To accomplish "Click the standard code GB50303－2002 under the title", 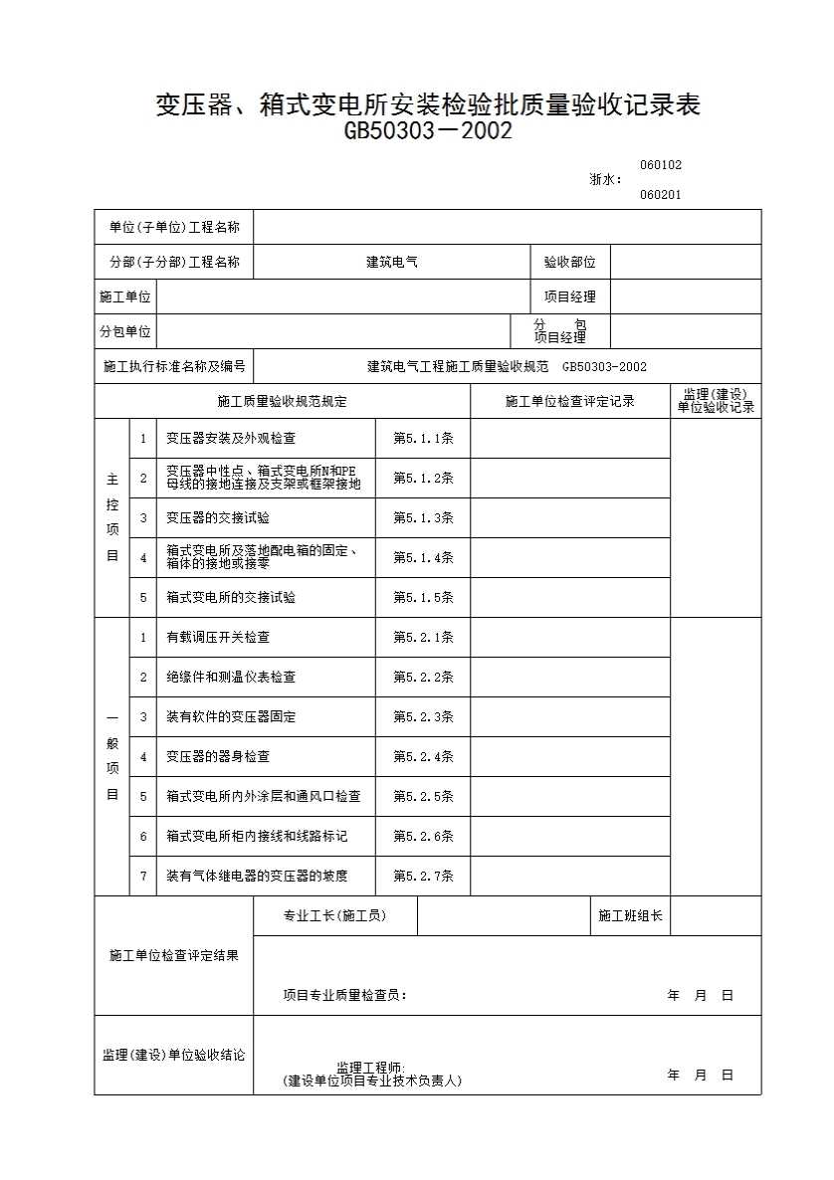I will tap(428, 131).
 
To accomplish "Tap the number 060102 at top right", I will tap(660, 165).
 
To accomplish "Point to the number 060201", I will tap(660, 195).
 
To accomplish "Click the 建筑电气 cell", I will tap(392, 263).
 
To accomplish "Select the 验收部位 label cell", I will tap(569, 263).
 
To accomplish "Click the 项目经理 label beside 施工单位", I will tap(569, 296).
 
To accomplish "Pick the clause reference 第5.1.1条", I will tap(423, 438).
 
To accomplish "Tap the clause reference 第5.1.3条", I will tap(423, 517).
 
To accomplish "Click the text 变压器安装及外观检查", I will tap(231, 438).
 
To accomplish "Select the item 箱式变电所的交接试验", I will tap(231, 597).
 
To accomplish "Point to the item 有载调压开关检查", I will tap(218, 637).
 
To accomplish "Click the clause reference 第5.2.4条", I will tap(423, 756).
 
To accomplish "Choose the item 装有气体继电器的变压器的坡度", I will tap(257, 876).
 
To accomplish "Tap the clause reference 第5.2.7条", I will tap(423, 876).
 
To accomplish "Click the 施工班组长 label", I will tap(630, 915).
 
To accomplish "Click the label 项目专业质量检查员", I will tap(344, 995).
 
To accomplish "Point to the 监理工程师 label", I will tap(370, 1068).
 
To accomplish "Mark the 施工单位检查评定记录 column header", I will tap(569, 402).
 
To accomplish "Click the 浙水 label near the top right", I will tap(605, 180).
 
